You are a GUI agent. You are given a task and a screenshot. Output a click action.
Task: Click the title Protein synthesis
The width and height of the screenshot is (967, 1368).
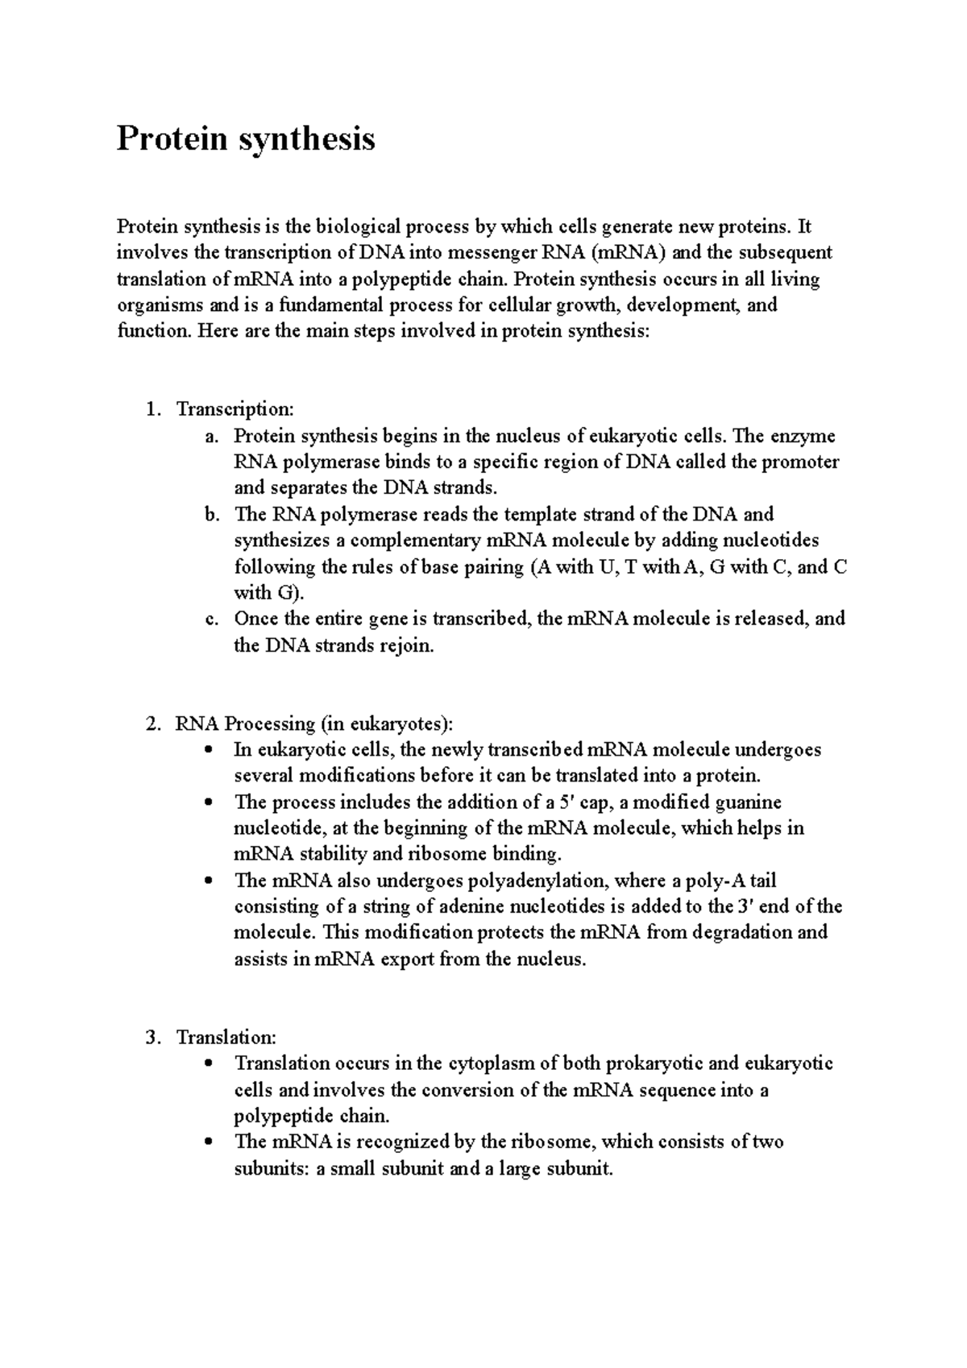click(246, 139)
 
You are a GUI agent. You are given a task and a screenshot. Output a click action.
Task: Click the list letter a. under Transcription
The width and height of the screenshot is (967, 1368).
click(211, 437)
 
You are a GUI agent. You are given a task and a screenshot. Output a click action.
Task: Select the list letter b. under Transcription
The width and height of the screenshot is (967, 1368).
click(211, 515)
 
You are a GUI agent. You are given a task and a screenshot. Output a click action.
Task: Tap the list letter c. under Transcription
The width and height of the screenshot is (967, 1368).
click(211, 620)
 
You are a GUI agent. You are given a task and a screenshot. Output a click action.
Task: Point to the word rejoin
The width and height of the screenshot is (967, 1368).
click(406, 646)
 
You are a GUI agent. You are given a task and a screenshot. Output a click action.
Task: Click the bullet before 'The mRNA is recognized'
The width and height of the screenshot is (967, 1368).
click(210, 1142)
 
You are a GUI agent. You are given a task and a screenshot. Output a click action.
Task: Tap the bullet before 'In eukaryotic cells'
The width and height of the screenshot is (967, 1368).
click(210, 750)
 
